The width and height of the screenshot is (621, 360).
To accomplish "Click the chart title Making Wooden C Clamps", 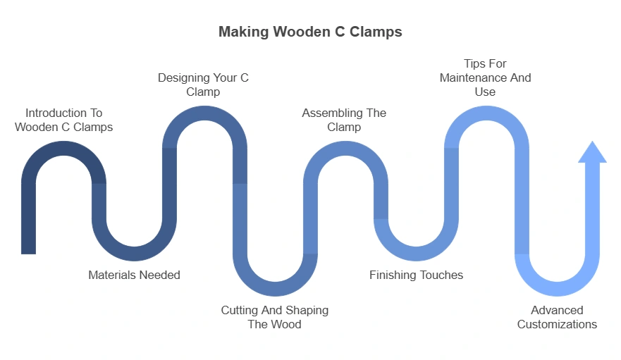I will click(310, 32).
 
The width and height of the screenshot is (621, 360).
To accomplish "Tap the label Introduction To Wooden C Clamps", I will click(63, 120).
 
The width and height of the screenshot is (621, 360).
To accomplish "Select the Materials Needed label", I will click(134, 275).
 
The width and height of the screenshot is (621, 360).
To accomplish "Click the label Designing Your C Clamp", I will click(203, 85).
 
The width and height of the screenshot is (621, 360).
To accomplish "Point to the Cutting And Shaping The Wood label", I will click(274, 317).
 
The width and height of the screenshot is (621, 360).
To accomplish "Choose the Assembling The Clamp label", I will click(344, 120).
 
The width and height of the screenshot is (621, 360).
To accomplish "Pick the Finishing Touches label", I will click(416, 275).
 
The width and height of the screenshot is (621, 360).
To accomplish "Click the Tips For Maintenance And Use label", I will click(485, 77).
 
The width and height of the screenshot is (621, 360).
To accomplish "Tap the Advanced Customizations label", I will click(557, 317).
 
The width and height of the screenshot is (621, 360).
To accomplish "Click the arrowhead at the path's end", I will click(592, 153).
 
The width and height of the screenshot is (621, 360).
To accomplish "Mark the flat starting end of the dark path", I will click(28, 250).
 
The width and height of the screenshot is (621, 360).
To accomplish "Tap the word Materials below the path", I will click(111, 275).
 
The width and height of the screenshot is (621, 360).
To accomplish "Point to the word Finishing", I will click(393, 275).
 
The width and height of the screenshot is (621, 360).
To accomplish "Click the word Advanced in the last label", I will click(557, 310).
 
